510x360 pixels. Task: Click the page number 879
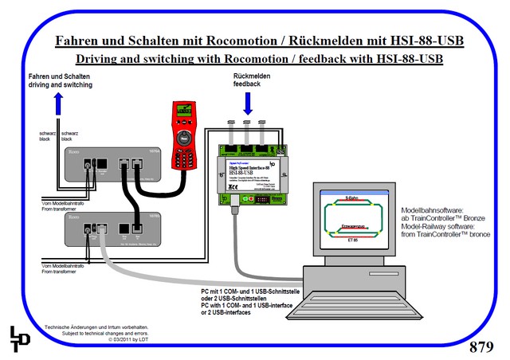tap(481, 346)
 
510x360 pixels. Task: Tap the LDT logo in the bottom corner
tap(21, 336)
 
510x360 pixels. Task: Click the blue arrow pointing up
tap(56, 104)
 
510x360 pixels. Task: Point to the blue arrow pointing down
tap(248, 103)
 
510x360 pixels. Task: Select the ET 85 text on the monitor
tap(353, 239)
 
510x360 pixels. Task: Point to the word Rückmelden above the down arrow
tap(249, 76)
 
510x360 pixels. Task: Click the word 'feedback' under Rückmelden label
tap(249, 84)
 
